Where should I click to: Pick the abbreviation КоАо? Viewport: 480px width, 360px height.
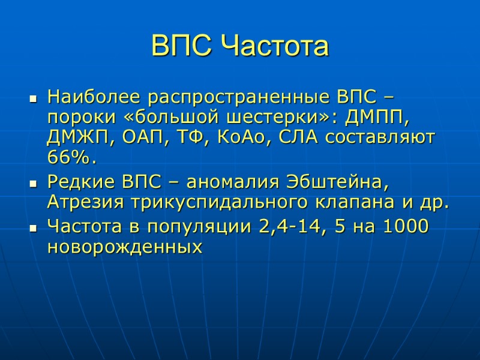pyautogui.click(x=241, y=137)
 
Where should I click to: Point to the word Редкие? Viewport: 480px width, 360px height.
pyautogui.click(x=80, y=181)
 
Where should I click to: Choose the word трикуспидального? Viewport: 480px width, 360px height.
pyautogui.click(x=218, y=202)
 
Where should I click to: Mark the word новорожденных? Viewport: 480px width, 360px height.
pyautogui.click(x=124, y=247)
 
